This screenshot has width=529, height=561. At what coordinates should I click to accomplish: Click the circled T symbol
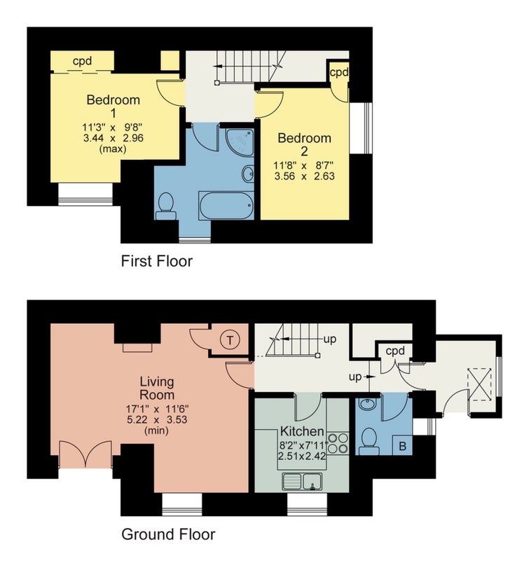pyautogui.click(x=230, y=340)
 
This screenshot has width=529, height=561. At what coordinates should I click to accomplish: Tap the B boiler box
pyautogui.click(x=402, y=446)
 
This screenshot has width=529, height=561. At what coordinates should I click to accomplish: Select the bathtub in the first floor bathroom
pyautogui.click(x=226, y=205)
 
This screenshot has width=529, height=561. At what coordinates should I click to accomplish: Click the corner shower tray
pyautogui.click(x=240, y=142)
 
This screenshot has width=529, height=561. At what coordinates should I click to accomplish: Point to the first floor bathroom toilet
pyautogui.click(x=165, y=206)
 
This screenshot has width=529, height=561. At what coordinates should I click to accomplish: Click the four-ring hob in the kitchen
pyautogui.click(x=338, y=443)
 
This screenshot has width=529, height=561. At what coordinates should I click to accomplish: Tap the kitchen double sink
pyautogui.click(x=302, y=481)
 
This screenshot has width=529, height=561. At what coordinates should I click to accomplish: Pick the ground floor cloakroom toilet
pyautogui.click(x=369, y=442)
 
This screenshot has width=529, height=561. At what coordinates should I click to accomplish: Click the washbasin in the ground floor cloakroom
pyautogui.click(x=366, y=405)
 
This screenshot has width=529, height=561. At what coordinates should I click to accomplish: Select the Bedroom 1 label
pyautogui.click(x=114, y=107)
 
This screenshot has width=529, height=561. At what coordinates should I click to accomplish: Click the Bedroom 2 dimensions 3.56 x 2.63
pyautogui.click(x=305, y=176)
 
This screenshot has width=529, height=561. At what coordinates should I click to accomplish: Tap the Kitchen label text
pyautogui.click(x=302, y=431)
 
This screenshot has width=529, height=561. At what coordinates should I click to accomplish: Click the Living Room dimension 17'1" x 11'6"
pyautogui.click(x=157, y=408)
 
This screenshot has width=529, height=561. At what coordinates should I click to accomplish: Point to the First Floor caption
pyautogui.click(x=156, y=261)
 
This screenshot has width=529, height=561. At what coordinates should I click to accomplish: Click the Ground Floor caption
pyautogui.click(x=168, y=534)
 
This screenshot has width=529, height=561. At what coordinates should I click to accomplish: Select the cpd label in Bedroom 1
pyautogui.click(x=82, y=62)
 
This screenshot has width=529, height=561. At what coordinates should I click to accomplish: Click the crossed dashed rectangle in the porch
pyautogui.click(x=480, y=384)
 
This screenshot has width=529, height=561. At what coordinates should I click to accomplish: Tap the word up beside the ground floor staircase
pyautogui.click(x=329, y=339)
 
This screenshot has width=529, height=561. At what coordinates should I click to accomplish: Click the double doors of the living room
pyautogui.click(x=85, y=454)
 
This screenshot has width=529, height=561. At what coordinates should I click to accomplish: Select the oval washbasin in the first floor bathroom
pyautogui.click(x=248, y=174)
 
